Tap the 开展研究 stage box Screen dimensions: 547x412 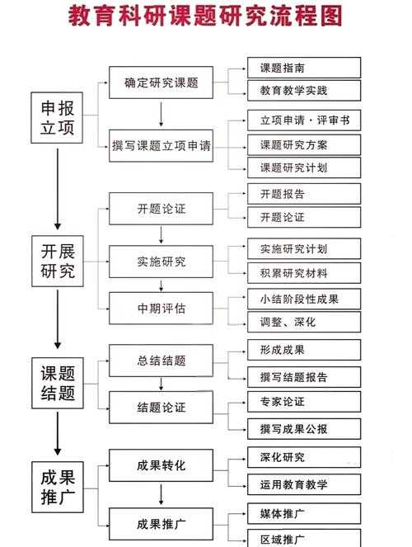pos(58,261)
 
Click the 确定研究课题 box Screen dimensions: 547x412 pos(162,83)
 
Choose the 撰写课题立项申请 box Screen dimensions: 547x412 pos(162,146)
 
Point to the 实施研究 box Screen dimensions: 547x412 pos(162,262)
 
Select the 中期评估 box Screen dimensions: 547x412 pos(162,309)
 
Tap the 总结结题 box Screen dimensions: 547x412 pos(162,361)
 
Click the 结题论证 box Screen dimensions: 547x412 pos(162,407)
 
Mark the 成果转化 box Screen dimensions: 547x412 pos(162,466)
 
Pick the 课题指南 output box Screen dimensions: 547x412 pos(304,67)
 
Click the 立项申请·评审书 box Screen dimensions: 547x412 pos(304,120)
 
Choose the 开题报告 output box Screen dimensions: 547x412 pos(304,194)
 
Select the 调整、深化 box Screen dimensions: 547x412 pos(304,321)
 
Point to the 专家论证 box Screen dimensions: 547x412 pos(304,402)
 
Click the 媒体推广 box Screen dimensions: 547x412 pos(304,514)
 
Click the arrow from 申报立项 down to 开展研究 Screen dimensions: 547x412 pos(58,188)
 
